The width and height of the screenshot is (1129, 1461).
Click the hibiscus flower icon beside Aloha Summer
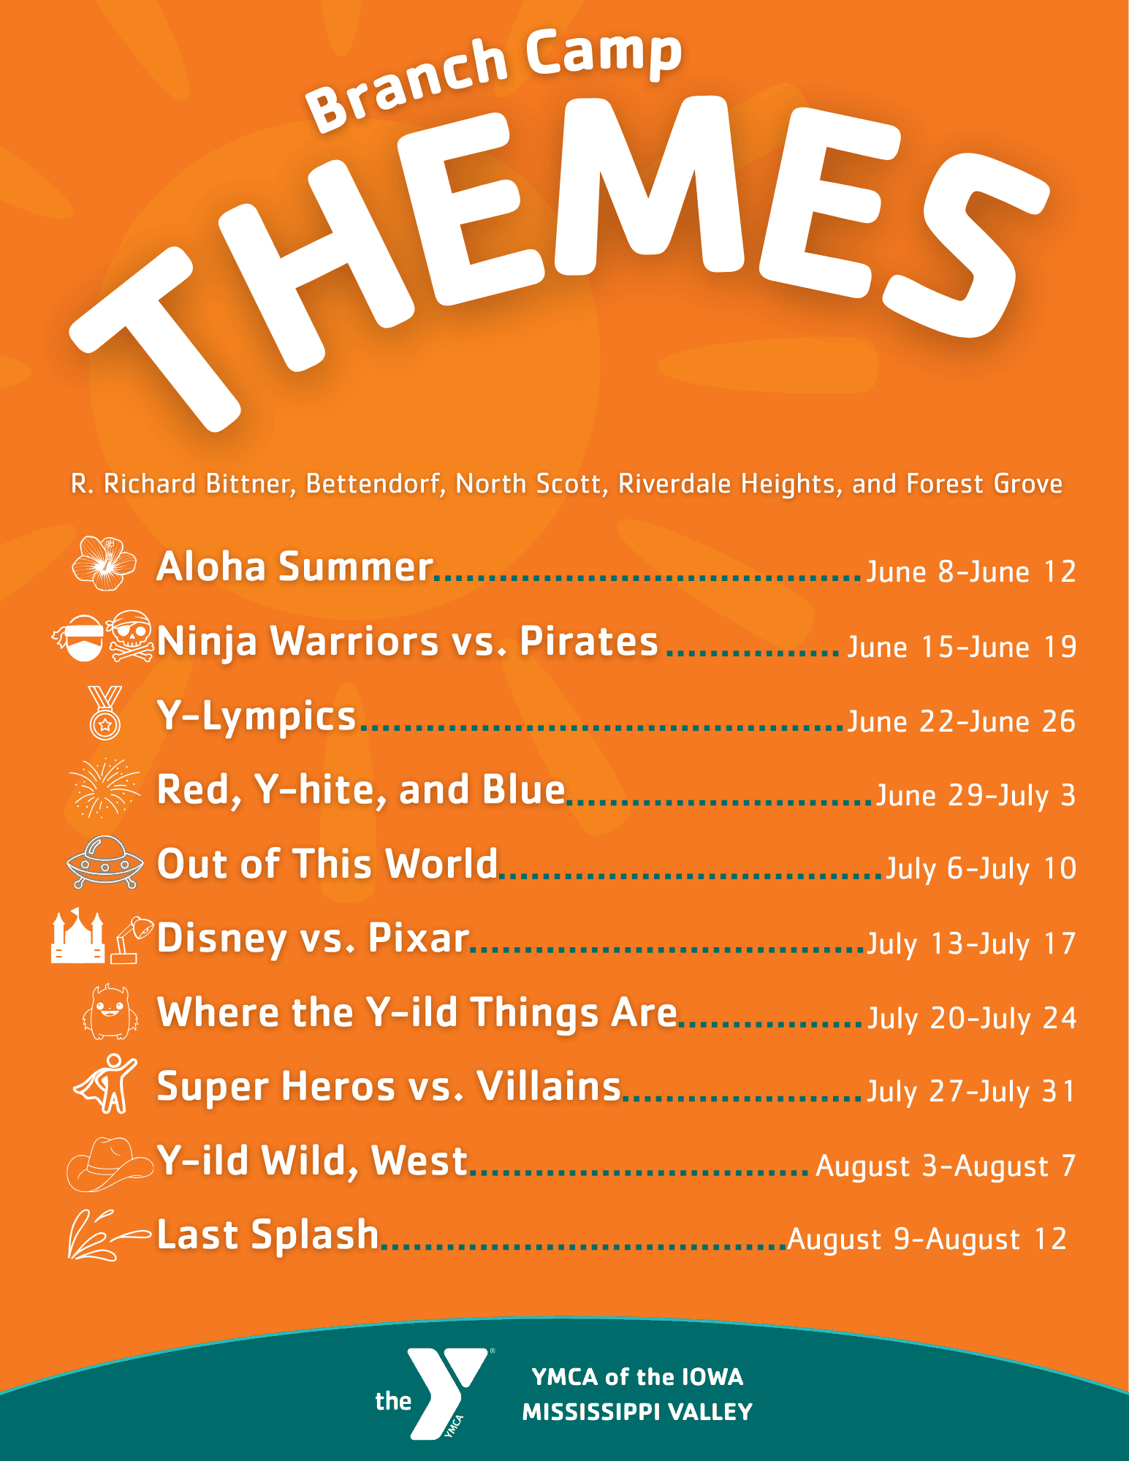tap(104, 563)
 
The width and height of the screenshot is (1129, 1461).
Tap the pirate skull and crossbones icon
tap(131, 636)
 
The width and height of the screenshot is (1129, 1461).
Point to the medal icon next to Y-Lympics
tap(104, 713)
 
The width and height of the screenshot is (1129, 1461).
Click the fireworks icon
tap(104, 787)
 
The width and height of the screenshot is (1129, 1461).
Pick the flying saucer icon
tap(104, 862)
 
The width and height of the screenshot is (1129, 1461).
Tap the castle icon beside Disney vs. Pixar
tap(77, 936)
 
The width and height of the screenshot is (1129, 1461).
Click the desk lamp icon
tap(132, 940)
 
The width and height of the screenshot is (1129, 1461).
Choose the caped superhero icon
tap(107, 1084)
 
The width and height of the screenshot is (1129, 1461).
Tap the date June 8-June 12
tap(971, 572)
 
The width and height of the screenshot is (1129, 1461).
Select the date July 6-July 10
tap(981, 868)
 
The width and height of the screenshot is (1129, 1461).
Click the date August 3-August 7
tap(946, 1166)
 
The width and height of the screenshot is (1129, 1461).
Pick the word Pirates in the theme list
tap(589, 641)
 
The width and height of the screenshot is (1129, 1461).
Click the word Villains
tap(549, 1085)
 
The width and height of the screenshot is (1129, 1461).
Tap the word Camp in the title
tap(604, 53)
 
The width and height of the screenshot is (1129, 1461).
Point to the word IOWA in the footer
tap(712, 1377)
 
